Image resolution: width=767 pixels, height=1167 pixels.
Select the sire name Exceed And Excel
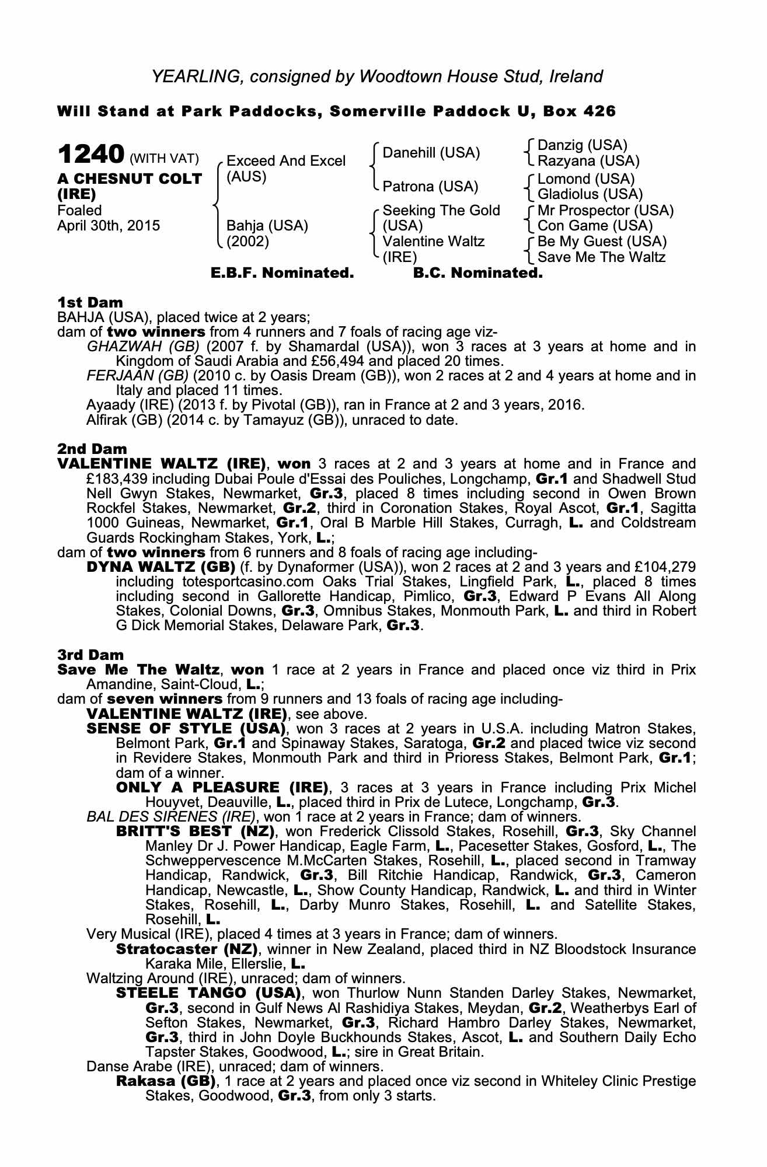pyautogui.click(x=286, y=161)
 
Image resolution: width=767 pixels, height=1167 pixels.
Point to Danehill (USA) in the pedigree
pyautogui.click(x=431, y=153)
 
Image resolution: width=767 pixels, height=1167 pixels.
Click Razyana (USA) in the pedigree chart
pyautogui.click(x=588, y=161)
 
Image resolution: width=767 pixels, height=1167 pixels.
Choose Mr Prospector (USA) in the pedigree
pyautogui.click(x=605, y=210)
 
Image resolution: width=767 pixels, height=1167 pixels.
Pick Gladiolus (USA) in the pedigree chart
pyautogui.click(x=590, y=194)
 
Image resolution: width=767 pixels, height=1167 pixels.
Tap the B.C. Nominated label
pyautogui.click(x=477, y=272)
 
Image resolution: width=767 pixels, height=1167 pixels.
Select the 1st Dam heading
pyautogui.click(x=90, y=302)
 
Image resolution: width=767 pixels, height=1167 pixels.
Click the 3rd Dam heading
pyautogui.click(x=91, y=655)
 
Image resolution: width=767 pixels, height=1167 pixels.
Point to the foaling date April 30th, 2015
pyautogui.click(x=109, y=226)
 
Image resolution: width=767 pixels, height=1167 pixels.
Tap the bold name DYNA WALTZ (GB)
pyautogui.click(x=161, y=567)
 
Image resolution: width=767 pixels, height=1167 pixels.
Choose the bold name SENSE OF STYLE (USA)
pyautogui.click(x=186, y=729)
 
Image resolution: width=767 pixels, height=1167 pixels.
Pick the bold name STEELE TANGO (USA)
pyautogui.click(x=208, y=993)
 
